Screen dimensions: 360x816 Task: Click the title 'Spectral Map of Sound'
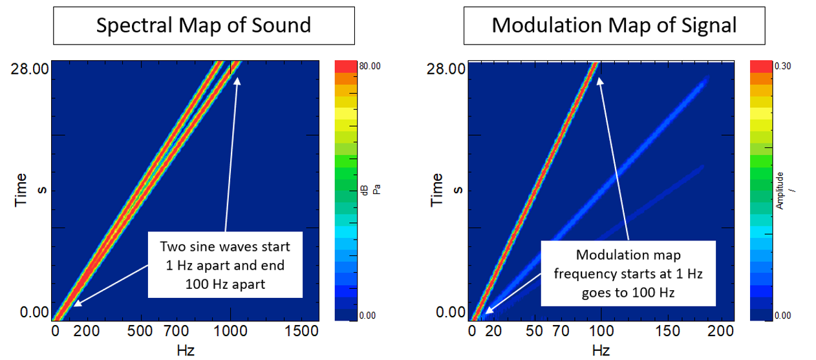tap(204, 25)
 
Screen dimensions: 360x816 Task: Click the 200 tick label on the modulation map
tap(720, 332)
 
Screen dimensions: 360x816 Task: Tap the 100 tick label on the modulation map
tap(601, 332)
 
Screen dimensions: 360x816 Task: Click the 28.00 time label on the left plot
tap(28, 68)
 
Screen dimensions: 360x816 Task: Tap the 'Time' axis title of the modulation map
tap(438, 190)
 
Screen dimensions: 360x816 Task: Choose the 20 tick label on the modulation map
tap(495, 332)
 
